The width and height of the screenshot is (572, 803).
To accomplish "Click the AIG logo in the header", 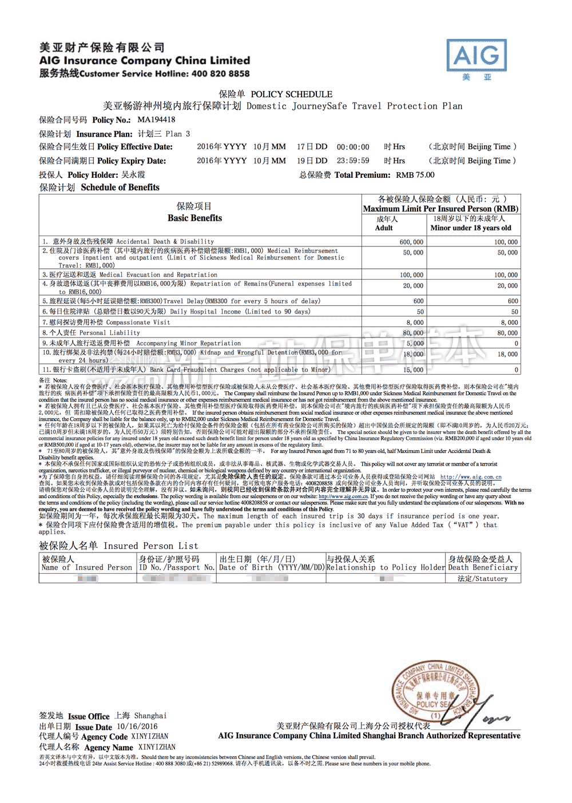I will (x=476, y=55).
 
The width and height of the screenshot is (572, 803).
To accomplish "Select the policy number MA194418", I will (x=156, y=120).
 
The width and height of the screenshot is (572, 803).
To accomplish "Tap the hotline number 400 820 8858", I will (x=220, y=74).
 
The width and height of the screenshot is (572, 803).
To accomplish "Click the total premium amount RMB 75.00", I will (x=415, y=175).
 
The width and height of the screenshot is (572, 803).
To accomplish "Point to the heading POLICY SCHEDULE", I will (x=291, y=94).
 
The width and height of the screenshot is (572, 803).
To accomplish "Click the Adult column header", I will (x=384, y=228).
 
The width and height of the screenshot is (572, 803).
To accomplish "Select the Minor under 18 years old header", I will (x=470, y=228).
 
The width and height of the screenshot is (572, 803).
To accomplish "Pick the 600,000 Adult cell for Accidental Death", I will (x=411, y=242).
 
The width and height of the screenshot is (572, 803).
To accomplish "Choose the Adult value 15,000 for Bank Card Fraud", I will (x=413, y=370).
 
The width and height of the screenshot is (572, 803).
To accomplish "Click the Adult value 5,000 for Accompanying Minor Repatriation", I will (x=415, y=344).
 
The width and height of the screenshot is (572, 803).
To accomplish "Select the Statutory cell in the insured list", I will (x=482, y=579).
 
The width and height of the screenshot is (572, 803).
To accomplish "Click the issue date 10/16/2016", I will (x=137, y=726).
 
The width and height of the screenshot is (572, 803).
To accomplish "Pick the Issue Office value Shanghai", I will (x=150, y=715).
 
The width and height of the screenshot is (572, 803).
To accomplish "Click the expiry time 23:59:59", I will (x=353, y=161).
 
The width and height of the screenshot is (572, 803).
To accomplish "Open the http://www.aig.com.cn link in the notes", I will (x=470, y=477).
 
